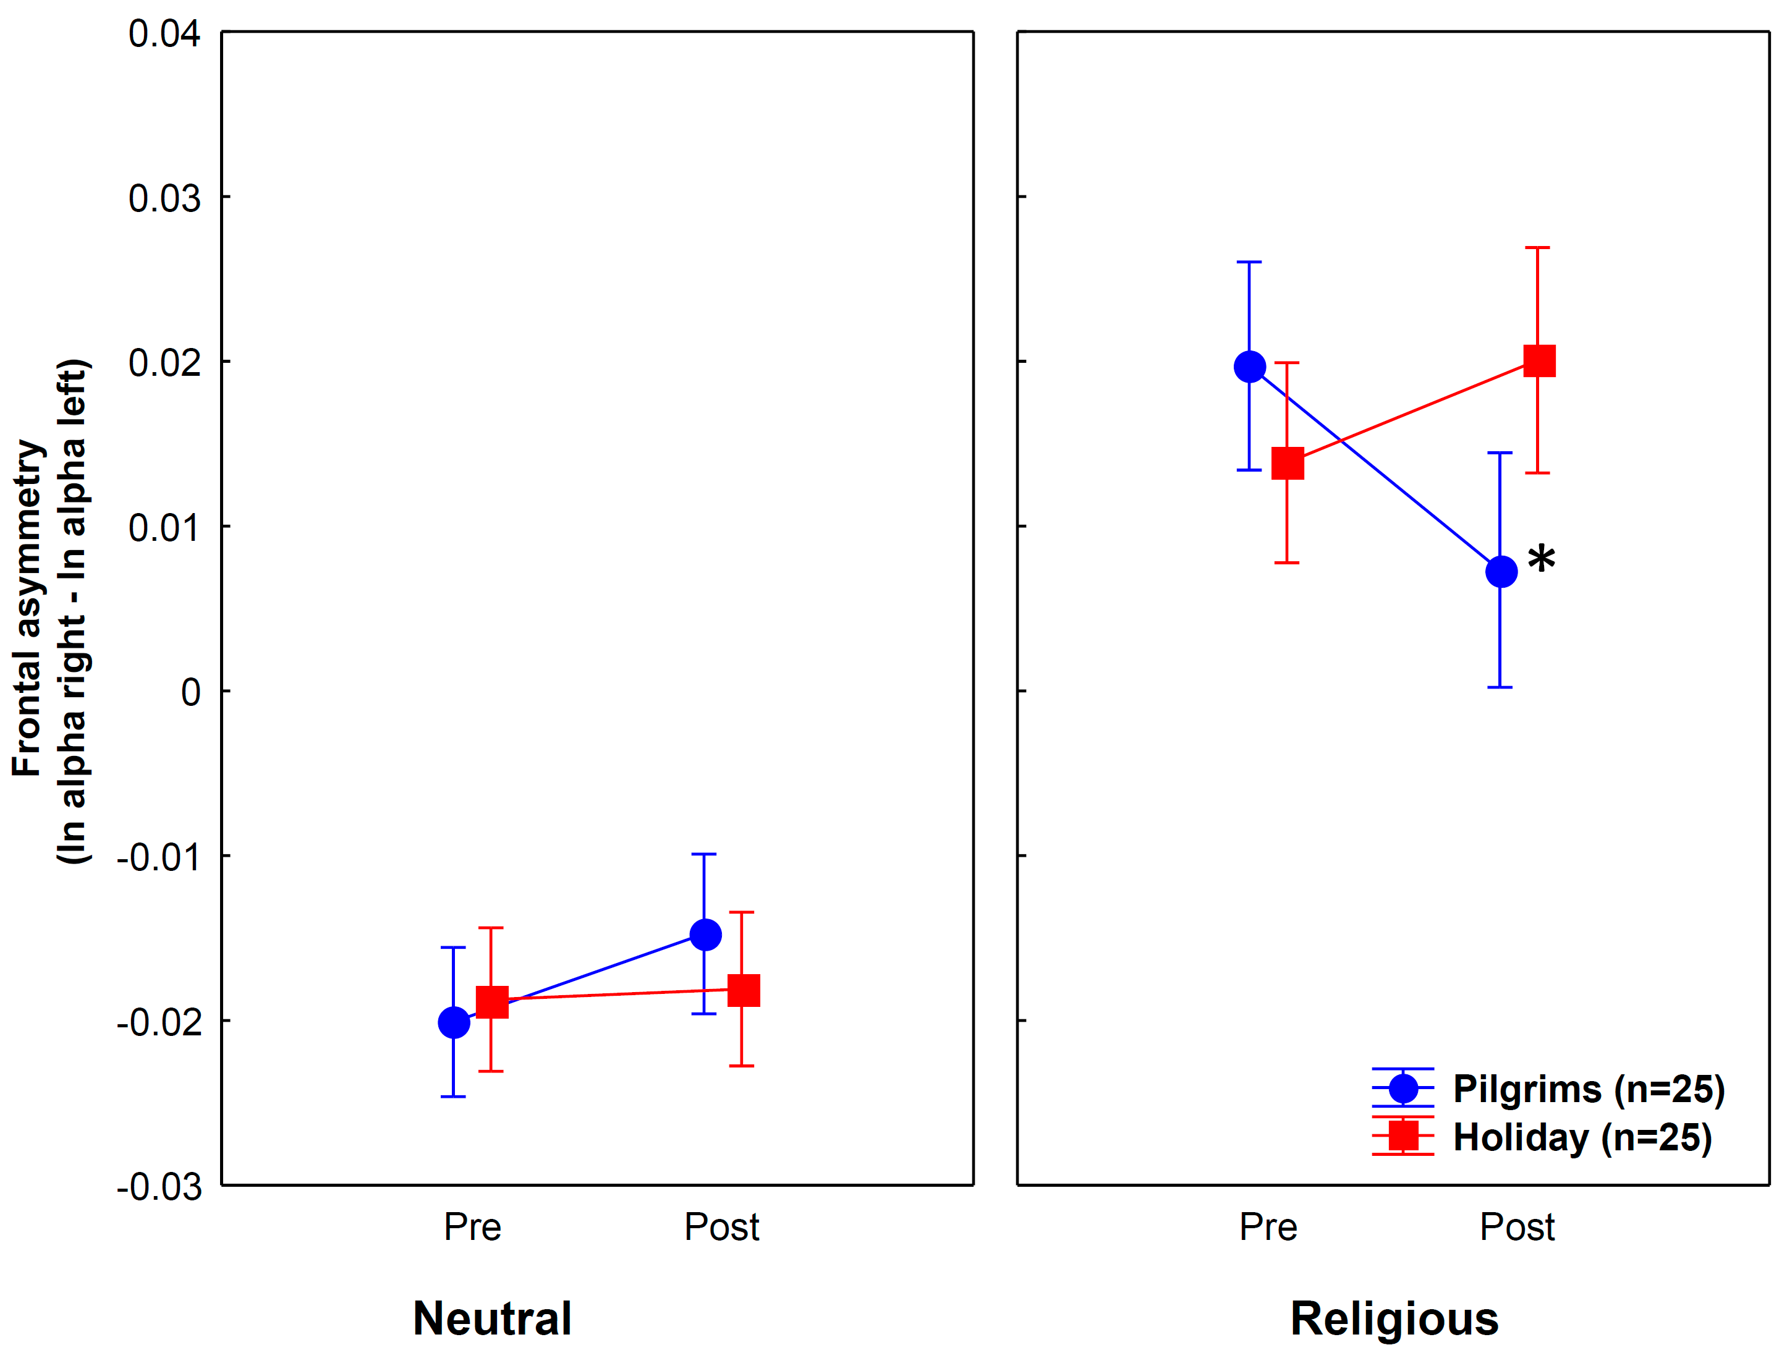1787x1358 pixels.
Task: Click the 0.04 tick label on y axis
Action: (x=164, y=35)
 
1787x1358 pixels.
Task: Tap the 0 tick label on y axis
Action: (x=191, y=692)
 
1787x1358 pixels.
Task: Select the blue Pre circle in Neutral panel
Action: (x=454, y=1022)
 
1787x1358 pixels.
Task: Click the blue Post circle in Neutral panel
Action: (x=705, y=935)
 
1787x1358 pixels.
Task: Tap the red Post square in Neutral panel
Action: (x=744, y=990)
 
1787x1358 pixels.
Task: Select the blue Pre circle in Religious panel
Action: (x=1249, y=367)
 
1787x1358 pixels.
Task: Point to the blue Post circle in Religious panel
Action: (x=1501, y=572)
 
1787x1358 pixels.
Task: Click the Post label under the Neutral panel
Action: (x=722, y=1227)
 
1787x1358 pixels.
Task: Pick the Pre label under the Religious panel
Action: (x=1268, y=1227)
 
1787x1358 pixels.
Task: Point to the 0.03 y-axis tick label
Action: (x=164, y=199)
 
